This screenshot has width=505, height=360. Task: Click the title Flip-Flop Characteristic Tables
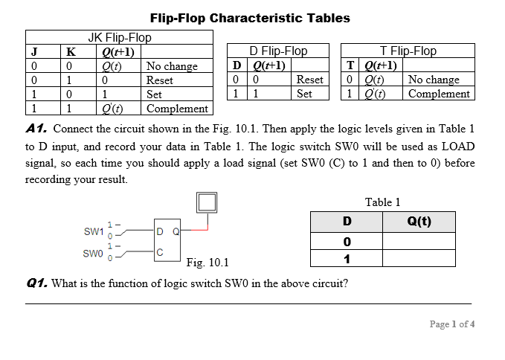click(250, 18)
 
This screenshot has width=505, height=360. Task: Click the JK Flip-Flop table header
click(119, 37)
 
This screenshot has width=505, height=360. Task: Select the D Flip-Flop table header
click(278, 51)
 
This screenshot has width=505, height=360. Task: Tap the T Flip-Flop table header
click(408, 51)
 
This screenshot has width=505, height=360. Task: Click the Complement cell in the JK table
click(177, 109)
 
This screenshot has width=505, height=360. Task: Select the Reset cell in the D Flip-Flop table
click(309, 80)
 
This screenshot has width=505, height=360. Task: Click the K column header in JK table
click(71, 51)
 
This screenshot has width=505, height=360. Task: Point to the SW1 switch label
click(94, 231)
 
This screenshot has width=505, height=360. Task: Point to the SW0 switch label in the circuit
click(94, 253)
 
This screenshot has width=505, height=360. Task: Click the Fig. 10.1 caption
click(208, 262)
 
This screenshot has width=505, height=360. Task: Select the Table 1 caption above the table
click(382, 202)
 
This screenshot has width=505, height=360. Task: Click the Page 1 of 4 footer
click(451, 324)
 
